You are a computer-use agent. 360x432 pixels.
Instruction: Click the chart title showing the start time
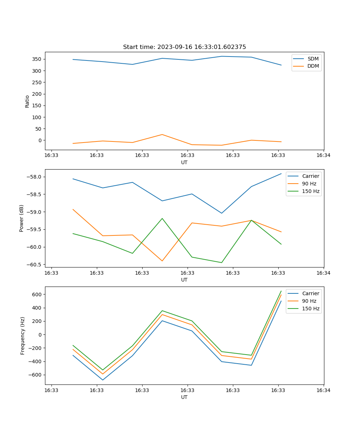click(x=184, y=47)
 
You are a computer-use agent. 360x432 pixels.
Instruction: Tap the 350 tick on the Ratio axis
click(x=38, y=59)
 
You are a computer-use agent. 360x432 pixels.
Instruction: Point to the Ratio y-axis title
click(x=27, y=102)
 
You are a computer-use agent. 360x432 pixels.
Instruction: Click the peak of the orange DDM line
click(x=162, y=135)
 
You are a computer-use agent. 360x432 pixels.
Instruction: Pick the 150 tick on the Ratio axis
click(x=38, y=105)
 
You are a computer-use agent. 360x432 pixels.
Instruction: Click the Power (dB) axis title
click(x=22, y=218)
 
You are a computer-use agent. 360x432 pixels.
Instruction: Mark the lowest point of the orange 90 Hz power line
click(x=162, y=261)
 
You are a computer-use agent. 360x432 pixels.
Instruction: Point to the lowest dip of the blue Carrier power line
click(x=221, y=213)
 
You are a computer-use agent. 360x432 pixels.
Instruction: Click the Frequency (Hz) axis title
click(x=23, y=336)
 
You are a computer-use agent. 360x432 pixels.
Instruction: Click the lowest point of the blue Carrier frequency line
click(x=103, y=380)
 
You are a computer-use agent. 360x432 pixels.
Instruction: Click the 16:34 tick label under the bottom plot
click(x=323, y=390)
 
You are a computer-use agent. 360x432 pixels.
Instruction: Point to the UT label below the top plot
click(x=184, y=162)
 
